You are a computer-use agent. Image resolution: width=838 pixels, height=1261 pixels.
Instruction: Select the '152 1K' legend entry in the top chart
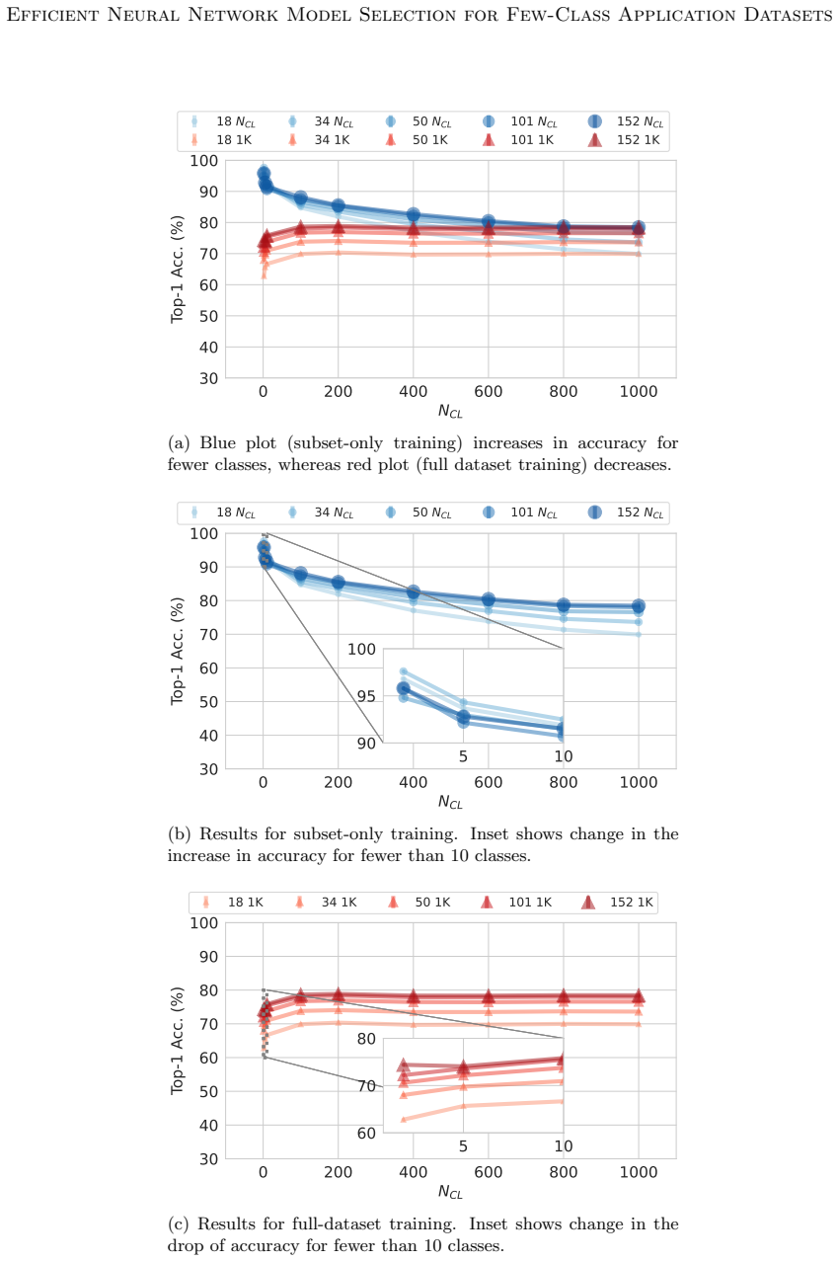(x=624, y=140)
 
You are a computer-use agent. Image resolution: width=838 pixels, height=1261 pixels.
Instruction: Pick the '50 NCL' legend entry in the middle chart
(x=419, y=512)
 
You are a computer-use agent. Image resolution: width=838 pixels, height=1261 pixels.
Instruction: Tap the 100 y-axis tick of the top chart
(x=203, y=161)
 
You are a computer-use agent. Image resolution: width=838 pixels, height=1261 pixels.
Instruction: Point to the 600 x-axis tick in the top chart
(x=488, y=392)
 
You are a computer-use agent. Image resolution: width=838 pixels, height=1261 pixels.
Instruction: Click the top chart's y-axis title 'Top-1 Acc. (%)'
(x=177, y=270)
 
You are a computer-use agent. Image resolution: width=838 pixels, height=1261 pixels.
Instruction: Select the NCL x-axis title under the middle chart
(x=450, y=802)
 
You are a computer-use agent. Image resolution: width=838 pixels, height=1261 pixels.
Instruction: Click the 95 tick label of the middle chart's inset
(x=366, y=696)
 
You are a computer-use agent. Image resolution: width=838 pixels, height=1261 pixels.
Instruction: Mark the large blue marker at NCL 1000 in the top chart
(x=639, y=227)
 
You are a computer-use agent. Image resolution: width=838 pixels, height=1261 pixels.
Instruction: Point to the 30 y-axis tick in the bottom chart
(x=208, y=1159)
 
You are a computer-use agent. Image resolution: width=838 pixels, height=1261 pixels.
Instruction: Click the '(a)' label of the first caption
(x=179, y=443)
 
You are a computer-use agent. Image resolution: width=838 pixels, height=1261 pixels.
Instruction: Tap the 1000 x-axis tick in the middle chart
(x=639, y=782)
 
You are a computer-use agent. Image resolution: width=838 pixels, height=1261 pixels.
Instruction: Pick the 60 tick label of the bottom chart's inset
(x=366, y=1134)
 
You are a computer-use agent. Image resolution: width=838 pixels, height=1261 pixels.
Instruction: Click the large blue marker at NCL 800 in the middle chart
(x=564, y=605)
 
